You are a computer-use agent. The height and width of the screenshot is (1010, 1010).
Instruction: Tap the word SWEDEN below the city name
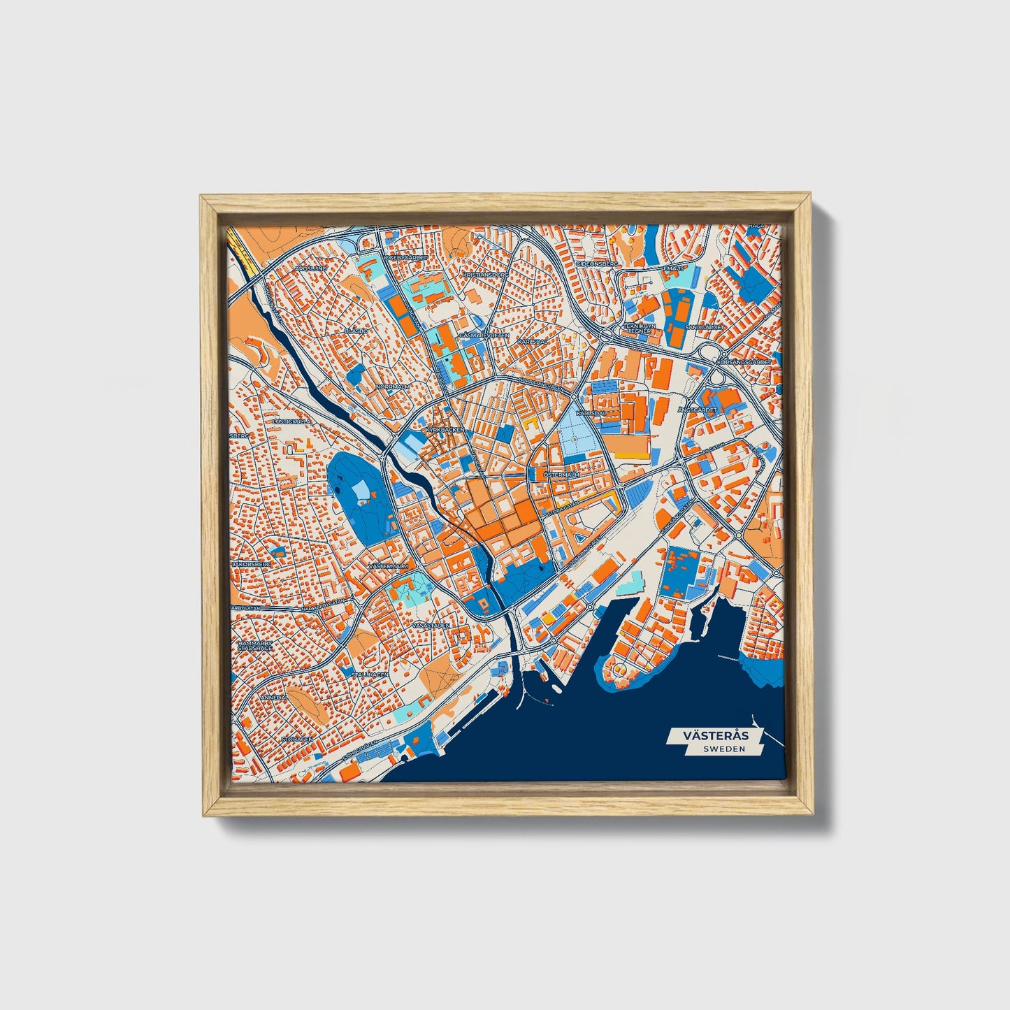pos(724,749)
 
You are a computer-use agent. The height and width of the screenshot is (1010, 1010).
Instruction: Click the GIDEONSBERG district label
pos(597,265)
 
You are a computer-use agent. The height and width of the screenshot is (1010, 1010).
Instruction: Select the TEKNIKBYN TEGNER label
pos(639,328)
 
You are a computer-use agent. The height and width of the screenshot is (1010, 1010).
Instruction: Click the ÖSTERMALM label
pos(561,475)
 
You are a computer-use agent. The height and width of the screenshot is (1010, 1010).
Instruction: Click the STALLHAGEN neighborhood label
pos(369,674)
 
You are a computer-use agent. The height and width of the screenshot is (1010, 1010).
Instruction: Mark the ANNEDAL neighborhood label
pos(273,698)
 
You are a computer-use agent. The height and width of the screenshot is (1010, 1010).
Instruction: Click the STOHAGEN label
pos(296,738)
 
